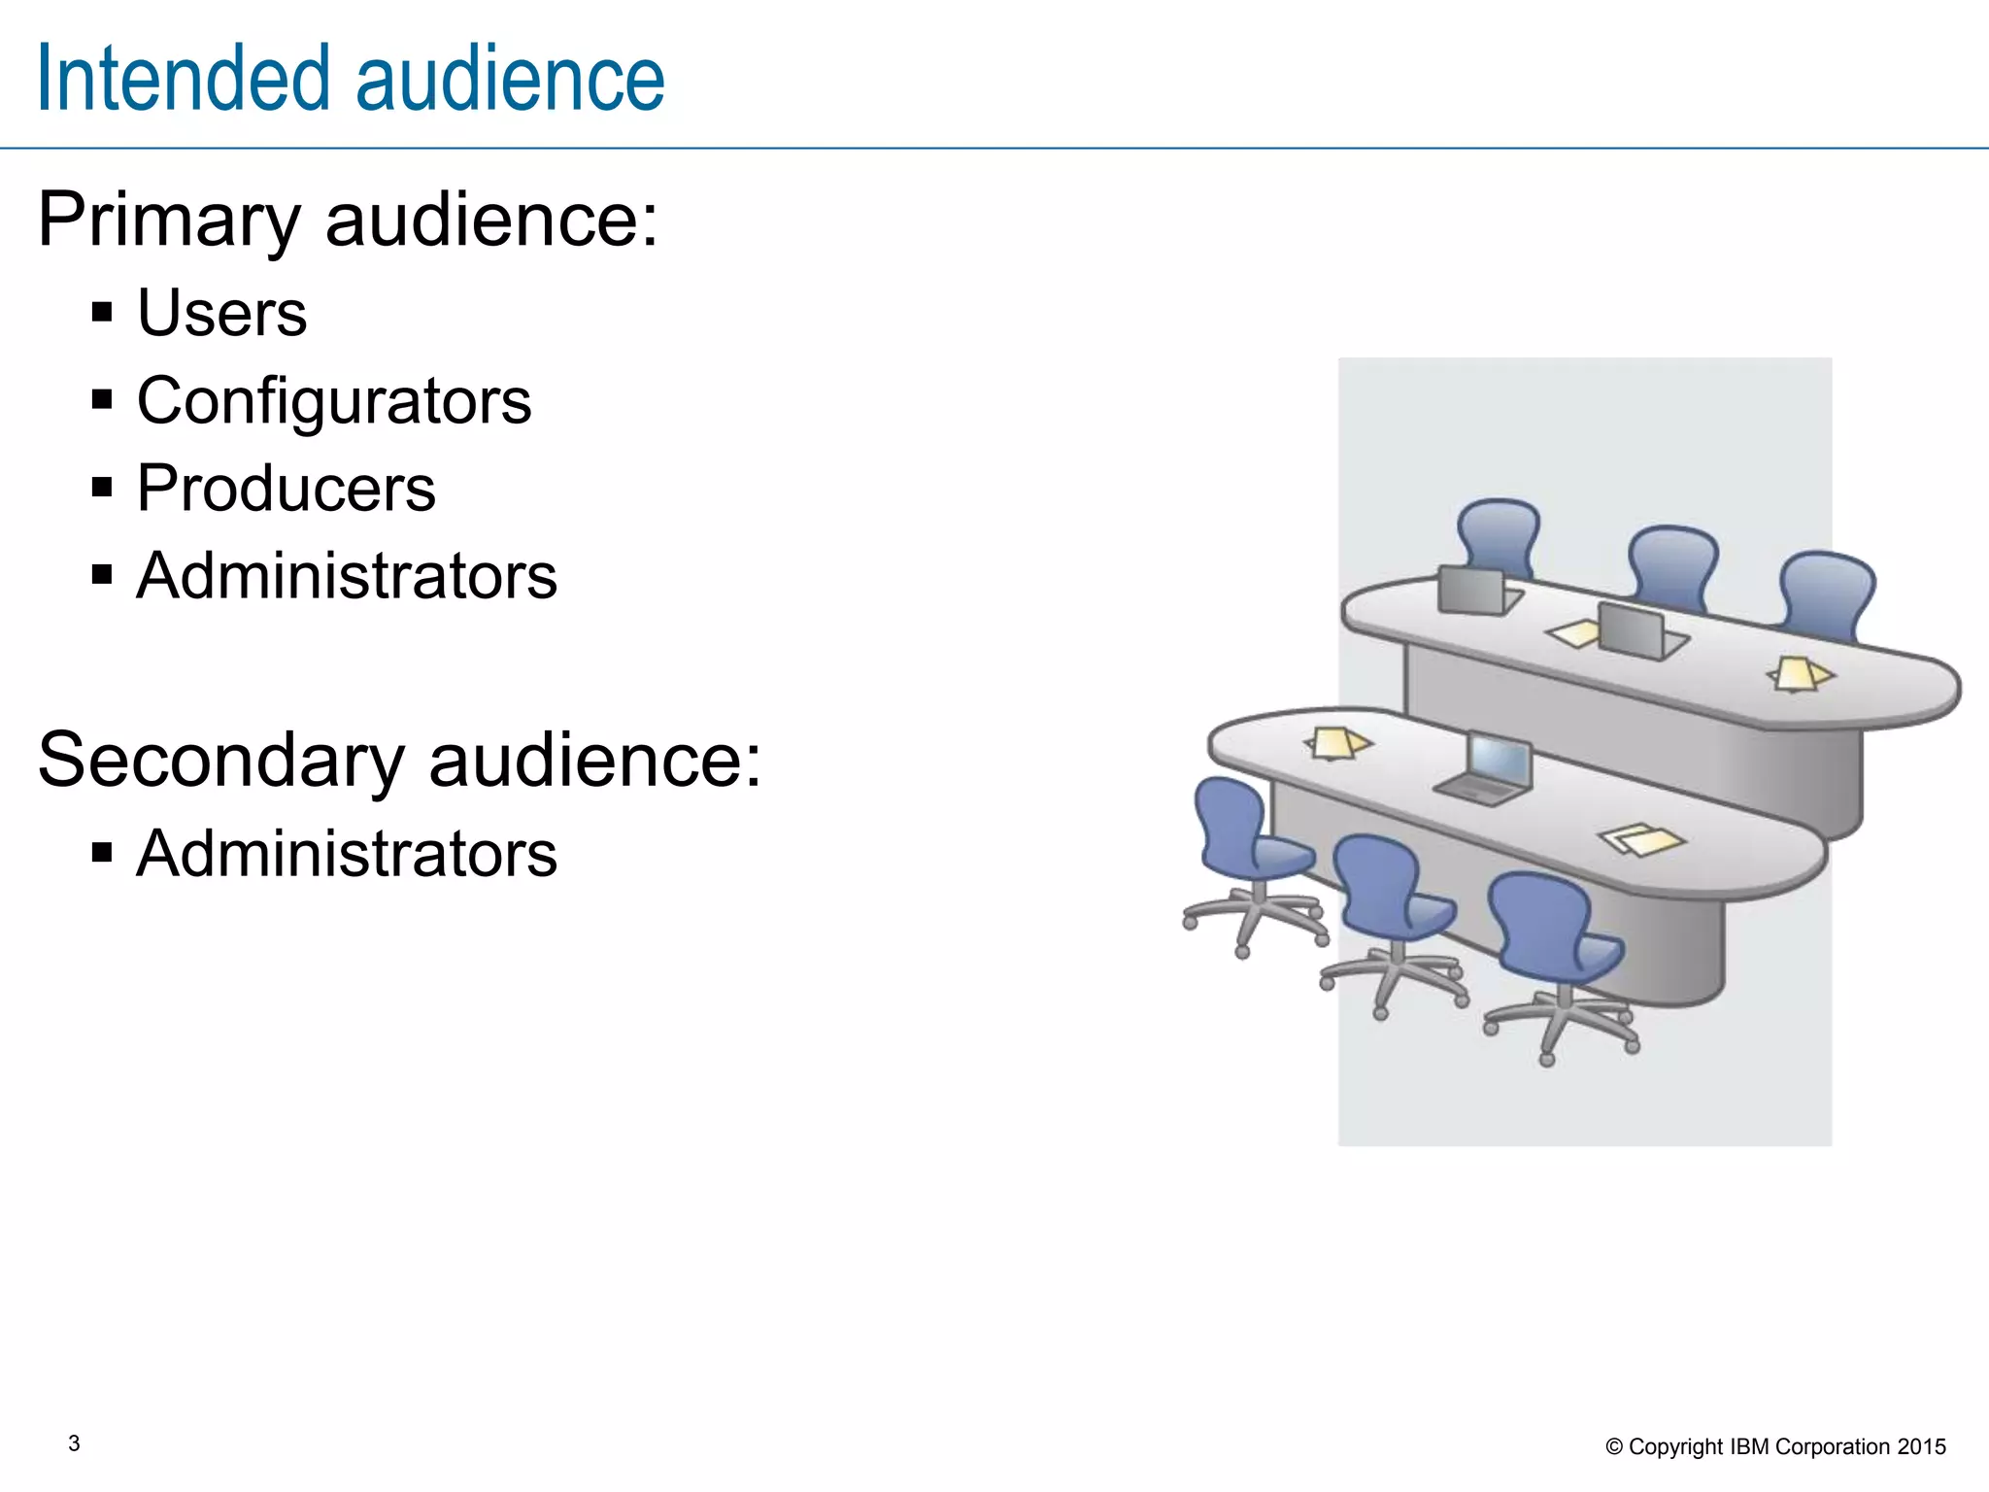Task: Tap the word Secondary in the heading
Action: (x=220, y=761)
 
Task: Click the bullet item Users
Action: (x=221, y=313)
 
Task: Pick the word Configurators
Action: (x=334, y=400)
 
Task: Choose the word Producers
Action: (x=286, y=488)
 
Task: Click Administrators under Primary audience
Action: (x=347, y=576)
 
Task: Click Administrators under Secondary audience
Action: (x=347, y=854)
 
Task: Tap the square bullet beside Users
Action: (x=102, y=313)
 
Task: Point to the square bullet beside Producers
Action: (x=102, y=487)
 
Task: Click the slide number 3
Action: (x=74, y=1443)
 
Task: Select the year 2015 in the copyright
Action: (x=1921, y=1446)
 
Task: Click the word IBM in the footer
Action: (x=1749, y=1446)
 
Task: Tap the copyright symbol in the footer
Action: (x=1614, y=1447)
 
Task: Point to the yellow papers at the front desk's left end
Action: (x=1338, y=744)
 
